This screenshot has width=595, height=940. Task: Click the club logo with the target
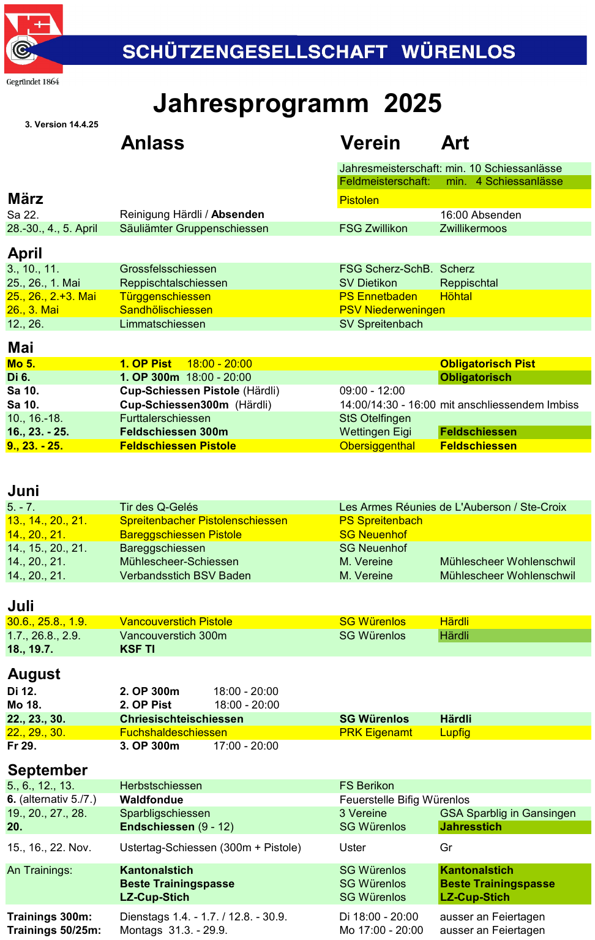(32, 39)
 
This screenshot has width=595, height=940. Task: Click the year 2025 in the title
(412, 103)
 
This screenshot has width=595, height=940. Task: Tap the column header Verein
(370, 143)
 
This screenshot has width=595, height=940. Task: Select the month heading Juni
(23, 491)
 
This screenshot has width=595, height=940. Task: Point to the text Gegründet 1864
(32, 82)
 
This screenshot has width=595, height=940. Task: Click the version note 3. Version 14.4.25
(61, 124)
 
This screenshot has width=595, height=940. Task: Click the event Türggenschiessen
(165, 296)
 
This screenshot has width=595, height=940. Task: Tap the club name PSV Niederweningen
(392, 310)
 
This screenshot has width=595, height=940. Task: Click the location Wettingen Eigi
(375, 432)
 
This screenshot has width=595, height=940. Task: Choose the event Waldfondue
(151, 800)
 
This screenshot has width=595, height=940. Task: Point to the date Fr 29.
(21, 746)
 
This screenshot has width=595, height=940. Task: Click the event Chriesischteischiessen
(181, 719)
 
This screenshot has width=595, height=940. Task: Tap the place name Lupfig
(455, 732)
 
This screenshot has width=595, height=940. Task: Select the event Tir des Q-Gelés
(159, 507)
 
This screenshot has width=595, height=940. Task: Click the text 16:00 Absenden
(481, 215)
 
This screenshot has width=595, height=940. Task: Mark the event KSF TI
(137, 649)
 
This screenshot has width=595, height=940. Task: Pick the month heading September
(48, 770)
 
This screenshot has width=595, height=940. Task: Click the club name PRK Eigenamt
(376, 732)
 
